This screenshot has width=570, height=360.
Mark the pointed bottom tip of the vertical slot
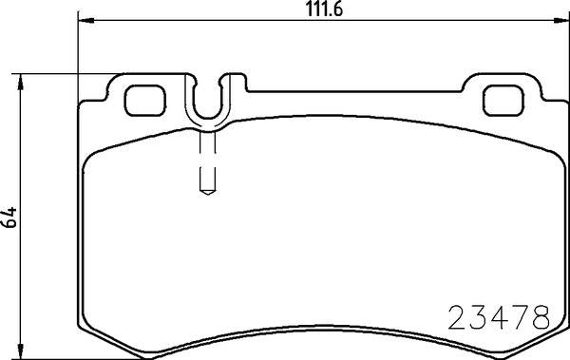(x=209, y=193)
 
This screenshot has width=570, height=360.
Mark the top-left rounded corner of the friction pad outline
(x=90, y=157)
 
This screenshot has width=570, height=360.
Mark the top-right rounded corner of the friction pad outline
(x=541, y=157)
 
